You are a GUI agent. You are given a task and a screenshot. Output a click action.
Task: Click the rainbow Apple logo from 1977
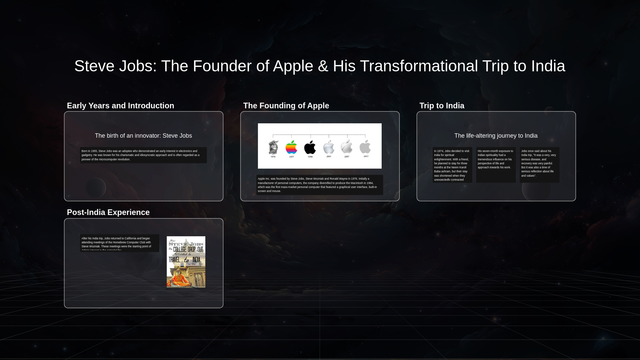click(291, 147)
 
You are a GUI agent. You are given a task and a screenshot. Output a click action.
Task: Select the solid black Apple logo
click(310, 147)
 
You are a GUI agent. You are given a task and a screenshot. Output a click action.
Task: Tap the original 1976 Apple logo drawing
click(273, 147)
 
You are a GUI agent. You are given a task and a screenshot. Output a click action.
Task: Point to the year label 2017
click(366, 156)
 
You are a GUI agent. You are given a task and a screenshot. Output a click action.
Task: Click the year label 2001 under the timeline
click(329, 156)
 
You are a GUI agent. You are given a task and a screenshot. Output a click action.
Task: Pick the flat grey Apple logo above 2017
click(365, 147)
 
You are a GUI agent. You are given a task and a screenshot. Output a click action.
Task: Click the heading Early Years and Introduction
click(120, 106)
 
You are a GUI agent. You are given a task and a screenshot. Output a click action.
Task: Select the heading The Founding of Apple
click(286, 106)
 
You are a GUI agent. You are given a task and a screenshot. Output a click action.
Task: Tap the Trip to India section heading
click(442, 106)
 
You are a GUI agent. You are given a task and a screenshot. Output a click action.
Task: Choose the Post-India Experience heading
click(108, 212)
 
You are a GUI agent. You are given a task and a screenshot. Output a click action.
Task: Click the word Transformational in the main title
click(419, 66)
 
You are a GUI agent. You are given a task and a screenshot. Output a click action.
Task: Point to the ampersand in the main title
click(323, 66)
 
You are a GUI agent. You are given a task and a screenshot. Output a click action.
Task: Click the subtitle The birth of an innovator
click(143, 136)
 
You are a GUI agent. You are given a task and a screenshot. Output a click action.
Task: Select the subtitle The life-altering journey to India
click(496, 136)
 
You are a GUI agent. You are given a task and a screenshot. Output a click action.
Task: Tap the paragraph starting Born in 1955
click(143, 155)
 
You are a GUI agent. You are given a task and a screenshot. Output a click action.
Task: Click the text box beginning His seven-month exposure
click(496, 159)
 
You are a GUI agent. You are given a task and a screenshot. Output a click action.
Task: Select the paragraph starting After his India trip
click(119, 243)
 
